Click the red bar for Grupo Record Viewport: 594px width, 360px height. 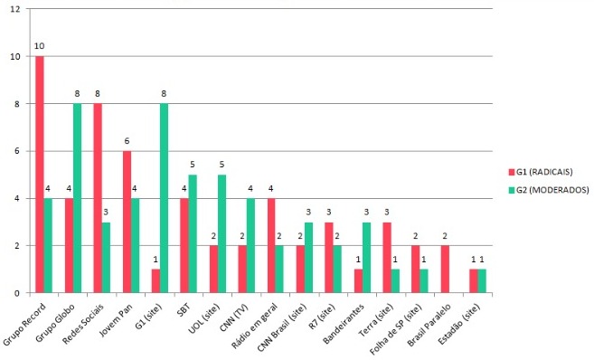click(x=40, y=175)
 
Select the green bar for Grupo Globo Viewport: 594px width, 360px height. click(x=77, y=198)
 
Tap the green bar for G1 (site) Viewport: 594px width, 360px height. click(x=164, y=198)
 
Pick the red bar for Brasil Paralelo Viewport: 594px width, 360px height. click(x=445, y=269)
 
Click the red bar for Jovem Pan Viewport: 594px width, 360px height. click(x=127, y=222)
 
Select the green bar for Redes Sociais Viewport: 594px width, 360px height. click(x=106, y=257)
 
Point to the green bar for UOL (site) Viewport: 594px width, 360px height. click(x=222, y=233)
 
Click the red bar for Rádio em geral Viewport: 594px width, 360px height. click(x=271, y=245)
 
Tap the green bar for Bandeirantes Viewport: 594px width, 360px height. click(x=366, y=257)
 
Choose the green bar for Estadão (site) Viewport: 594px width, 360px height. click(x=482, y=280)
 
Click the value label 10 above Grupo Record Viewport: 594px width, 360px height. click(x=40, y=46)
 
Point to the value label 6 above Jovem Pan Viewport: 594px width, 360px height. click(x=127, y=141)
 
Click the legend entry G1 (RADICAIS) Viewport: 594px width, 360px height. click(x=541, y=172)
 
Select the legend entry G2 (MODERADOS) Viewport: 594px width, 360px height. click(x=549, y=190)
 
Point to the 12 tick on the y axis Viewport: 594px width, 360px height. click(x=15, y=9)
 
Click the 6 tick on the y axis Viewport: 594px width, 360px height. click(x=17, y=151)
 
